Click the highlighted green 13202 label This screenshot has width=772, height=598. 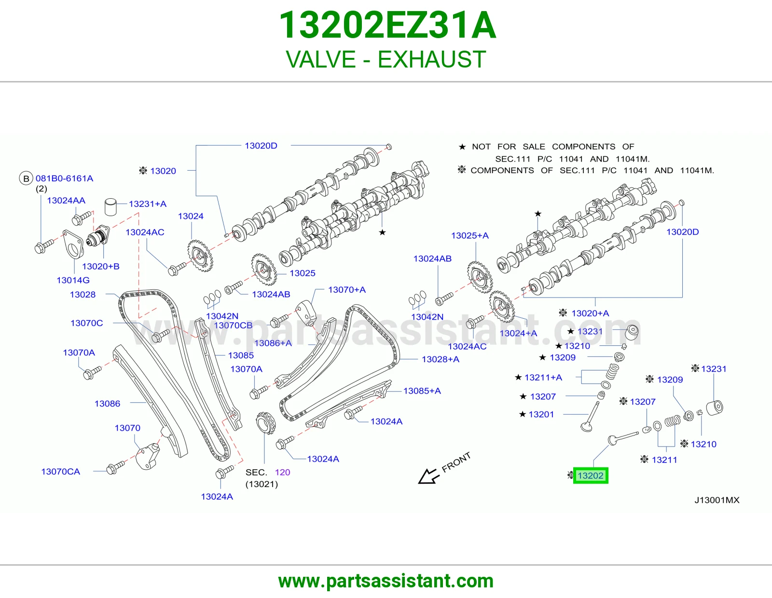[591, 476]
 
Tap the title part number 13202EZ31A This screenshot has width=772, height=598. [387, 25]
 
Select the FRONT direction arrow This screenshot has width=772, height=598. [429, 476]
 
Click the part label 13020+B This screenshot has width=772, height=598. [100, 266]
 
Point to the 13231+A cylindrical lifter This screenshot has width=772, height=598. [111, 207]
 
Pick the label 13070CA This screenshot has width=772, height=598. [60, 472]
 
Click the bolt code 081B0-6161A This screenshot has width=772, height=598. [64, 178]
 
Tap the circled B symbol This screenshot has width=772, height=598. [26, 178]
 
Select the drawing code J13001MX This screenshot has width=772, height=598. [717, 500]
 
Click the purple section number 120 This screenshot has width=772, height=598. [282, 472]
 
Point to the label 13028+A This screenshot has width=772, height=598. [441, 359]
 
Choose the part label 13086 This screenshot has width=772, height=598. [107, 404]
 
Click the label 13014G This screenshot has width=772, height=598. [73, 280]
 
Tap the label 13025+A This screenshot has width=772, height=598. [470, 235]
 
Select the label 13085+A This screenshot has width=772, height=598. [422, 391]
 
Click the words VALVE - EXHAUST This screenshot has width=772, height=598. [386, 59]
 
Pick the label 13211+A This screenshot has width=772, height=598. [543, 378]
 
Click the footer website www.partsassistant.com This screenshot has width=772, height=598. [386, 581]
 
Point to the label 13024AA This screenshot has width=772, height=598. [66, 200]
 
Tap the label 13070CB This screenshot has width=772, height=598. [233, 325]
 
